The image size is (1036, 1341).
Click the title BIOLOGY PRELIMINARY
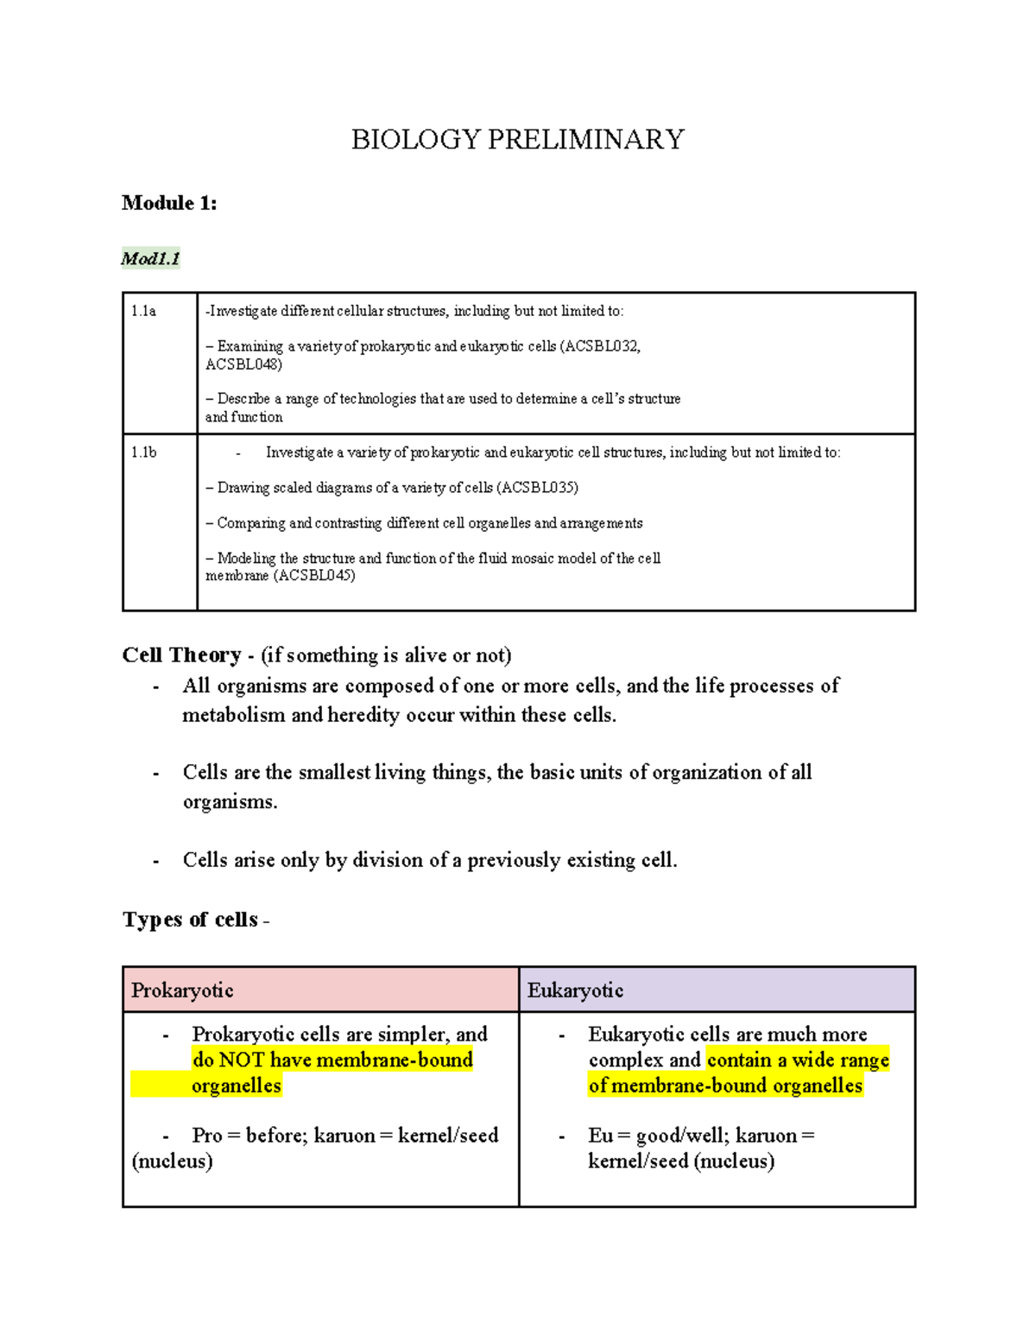[x=517, y=139]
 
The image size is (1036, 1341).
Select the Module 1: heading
[x=169, y=203]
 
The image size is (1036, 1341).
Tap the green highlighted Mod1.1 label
[x=150, y=258]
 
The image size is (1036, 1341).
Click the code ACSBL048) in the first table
[x=243, y=364]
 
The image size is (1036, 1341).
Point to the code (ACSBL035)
[x=537, y=488]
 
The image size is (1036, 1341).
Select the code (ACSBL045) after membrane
[x=314, y=576]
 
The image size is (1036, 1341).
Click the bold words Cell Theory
[x=181, y=655]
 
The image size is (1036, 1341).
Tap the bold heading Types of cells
[x=190, y=920]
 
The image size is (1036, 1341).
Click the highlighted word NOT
[x=242, y=1060]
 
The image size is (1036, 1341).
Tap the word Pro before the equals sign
[x=207, y=1135]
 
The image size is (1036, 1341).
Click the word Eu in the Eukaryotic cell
[x=600, y=1135]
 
